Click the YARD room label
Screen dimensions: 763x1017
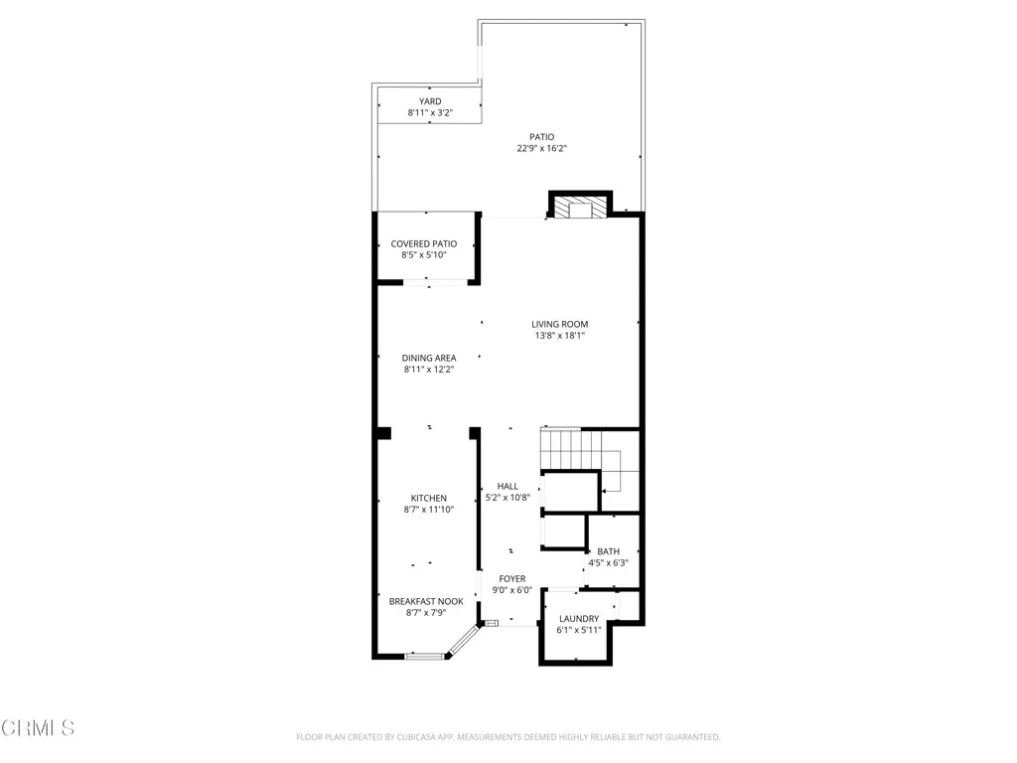pos(429,101)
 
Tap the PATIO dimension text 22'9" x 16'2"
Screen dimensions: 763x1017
pos(540,148)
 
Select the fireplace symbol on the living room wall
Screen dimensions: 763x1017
pos(579,207)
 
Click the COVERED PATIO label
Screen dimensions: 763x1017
pos(423,243)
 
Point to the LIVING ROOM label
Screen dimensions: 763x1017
pos(559,324)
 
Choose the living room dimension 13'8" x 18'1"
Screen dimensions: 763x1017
pos(559,336)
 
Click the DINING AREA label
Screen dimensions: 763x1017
pos(429,358)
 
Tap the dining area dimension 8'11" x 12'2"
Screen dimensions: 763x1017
pos(429,370)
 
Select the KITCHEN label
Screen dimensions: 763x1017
pos(429,498)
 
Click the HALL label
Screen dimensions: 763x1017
pos(508,486)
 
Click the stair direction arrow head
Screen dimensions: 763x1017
pos(605,490)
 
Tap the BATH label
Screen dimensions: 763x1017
pos(608,551)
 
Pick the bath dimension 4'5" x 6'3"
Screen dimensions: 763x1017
pos(608,563)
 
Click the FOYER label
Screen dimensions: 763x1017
pos(512,578)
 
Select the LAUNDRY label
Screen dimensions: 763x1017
pos(578,618)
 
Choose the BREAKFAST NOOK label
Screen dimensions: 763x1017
pos(425,601)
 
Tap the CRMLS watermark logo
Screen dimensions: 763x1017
pos(38,728)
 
